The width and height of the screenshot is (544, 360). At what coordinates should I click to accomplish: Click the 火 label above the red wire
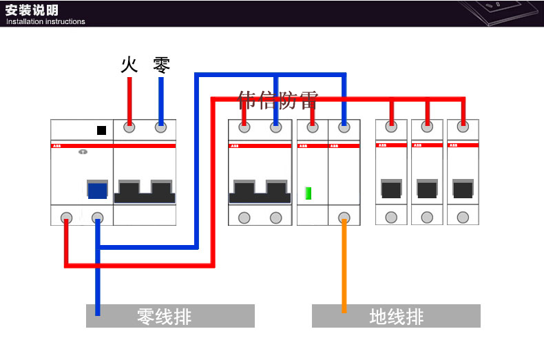click(129, 65)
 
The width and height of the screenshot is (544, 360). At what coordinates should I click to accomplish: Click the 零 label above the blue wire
click(161, 65)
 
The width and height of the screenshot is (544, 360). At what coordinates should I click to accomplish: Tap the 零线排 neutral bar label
click(165, 317)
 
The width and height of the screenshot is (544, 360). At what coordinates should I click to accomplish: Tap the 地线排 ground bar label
click(396, 317)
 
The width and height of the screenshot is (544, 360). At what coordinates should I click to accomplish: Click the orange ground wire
click(344, 268)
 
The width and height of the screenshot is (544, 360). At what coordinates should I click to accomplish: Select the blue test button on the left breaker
click(97, 191)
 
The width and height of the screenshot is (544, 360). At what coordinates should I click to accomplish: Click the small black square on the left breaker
click(101, 129)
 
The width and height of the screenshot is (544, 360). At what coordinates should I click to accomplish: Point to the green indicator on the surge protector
click(308, 193)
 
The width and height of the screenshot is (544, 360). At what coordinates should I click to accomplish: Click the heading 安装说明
click(32, 10)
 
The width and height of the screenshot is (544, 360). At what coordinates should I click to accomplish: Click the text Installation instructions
click(45, 21)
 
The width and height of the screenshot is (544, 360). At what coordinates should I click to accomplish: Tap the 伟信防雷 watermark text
click(278, 100)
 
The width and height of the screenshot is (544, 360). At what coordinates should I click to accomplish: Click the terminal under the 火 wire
click(129, 127)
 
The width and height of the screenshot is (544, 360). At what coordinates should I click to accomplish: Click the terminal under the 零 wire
click(161, 127)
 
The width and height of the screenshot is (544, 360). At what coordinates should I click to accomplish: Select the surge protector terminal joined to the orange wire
click(344, 218)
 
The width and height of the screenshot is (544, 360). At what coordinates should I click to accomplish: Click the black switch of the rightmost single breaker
click(463, 189)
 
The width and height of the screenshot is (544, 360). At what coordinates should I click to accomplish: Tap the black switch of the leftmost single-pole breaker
click(391, 189)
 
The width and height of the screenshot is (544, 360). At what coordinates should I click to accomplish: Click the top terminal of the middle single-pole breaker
click(428, 127)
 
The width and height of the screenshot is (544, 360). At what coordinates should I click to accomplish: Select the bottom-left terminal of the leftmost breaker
click(66, 218)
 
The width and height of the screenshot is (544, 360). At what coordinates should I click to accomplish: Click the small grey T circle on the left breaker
click(83, 151)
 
